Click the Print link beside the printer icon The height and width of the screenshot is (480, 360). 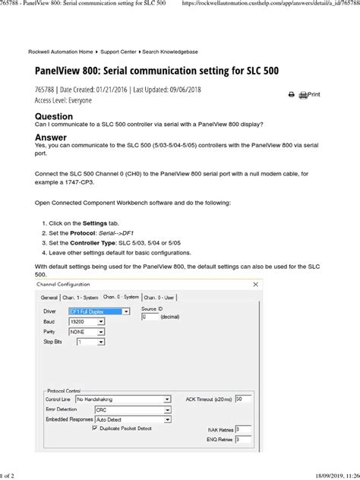tap(310, 94)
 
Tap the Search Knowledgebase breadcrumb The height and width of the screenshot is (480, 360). tap(169, 52)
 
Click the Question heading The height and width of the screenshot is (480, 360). tap(54, 116)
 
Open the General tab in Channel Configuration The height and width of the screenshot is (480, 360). tap(49, 296)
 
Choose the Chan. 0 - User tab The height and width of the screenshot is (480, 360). tap(161, 296)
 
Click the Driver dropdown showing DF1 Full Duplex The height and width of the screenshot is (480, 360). tap(99, 311)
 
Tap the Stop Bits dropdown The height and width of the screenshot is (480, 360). tap(90, 343)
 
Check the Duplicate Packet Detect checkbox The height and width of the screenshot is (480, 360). tap(94, 428)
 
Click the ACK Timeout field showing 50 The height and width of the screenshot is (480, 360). tap(243, 398)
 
